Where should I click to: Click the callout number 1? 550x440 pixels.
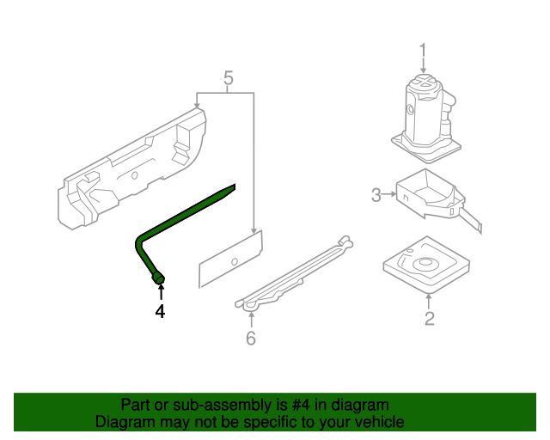coord(422,49)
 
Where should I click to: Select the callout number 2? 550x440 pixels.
coord(429,320)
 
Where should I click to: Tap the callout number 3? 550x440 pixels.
coord(376,196)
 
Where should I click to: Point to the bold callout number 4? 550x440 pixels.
coord(159,311)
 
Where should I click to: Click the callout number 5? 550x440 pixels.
coord(228,80)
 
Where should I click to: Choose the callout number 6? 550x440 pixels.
coord(250,338)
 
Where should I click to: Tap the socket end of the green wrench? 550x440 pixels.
coord(158,278)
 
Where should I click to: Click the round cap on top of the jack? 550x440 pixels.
coord(423,83)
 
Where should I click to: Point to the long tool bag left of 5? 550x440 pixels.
coord(133,168)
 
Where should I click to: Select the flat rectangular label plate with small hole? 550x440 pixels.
coord(231,259)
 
